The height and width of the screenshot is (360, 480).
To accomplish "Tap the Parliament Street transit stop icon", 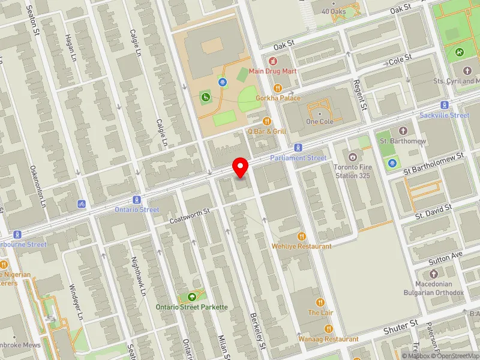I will [x=298, y=148].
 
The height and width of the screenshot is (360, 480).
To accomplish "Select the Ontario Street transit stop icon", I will [x=137, y=199].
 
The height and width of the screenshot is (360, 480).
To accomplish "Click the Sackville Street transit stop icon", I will [x=445, y=104].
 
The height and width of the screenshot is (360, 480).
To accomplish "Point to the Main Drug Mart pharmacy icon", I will [x=273, y=61].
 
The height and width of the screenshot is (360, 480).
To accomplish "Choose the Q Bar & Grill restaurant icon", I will [x=268, y=121].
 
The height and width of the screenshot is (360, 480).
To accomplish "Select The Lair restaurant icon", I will [x=320, y=302].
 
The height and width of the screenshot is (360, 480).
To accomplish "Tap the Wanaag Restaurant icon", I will [x=328, y=328].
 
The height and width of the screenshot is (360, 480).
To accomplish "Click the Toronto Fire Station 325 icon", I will [x=352, y=157].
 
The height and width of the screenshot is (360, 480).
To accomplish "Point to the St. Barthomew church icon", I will [x=402, y=130].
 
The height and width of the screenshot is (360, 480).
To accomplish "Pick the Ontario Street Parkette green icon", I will [x=192, y=296].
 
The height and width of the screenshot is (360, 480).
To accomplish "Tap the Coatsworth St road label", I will [x=189, y=216].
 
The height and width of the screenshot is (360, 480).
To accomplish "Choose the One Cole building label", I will [x=319, y=121].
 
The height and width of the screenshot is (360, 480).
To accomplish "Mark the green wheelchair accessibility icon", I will [x=205, y=96].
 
